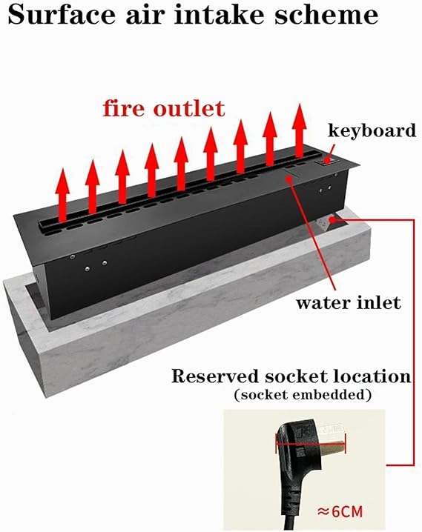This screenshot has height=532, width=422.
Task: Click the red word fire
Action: pos(124,108)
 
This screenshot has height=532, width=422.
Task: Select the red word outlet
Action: pos(189,109)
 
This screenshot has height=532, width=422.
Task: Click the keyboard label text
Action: pos(372,130)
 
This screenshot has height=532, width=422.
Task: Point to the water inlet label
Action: pos(349,302)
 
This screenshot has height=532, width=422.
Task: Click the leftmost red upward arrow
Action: pos(62,196)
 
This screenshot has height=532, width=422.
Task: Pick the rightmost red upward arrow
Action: pos(300,131)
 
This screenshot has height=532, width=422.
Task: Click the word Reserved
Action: pos(216,376)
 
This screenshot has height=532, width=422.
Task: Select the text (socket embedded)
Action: pos(302,395)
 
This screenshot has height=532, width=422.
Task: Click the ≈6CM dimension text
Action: pos(340,511)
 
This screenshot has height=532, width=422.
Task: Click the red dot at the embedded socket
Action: pos(332,220)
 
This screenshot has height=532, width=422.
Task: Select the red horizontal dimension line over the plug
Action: pos(310,443)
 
